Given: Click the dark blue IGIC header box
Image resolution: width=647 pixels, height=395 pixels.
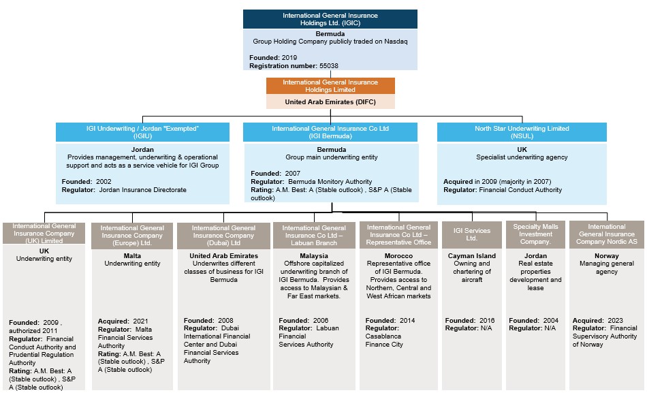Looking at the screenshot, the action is [330, 19].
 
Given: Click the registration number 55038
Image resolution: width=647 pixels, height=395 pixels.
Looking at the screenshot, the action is [329, 65].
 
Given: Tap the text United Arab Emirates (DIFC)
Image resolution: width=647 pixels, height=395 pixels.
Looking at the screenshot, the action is [330, 102].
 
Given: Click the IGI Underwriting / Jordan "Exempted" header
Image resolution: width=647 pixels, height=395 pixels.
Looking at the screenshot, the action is [142, 132].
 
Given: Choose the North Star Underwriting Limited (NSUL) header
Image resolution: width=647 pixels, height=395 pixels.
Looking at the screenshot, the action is [522, 132].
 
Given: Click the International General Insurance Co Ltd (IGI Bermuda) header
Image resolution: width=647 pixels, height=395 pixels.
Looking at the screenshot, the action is [330, 132].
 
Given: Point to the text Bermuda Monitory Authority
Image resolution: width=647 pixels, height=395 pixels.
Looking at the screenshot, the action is [330, 182].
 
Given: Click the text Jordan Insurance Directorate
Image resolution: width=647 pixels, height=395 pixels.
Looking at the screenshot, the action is [143, 190].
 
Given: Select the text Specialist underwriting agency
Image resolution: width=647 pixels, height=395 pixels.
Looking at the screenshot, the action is [522, 157].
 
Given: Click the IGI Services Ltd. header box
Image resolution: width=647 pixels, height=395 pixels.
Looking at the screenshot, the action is [472, 235].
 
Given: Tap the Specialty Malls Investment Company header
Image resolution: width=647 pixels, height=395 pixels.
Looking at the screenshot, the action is [535, 234].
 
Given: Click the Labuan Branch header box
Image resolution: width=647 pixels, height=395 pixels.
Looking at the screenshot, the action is [314, 235].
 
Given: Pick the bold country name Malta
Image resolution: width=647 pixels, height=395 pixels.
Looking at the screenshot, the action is [132, 256].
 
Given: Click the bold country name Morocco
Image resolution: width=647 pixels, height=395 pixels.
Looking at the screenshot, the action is [398, 256].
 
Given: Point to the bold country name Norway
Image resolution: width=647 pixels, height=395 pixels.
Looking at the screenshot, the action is [607, 256].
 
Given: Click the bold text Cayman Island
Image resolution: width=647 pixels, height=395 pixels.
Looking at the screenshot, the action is [472, 256].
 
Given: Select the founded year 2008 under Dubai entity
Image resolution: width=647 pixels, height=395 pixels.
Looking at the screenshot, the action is [225, 321].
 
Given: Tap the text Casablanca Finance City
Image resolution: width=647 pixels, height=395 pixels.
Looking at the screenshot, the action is [384, 341].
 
